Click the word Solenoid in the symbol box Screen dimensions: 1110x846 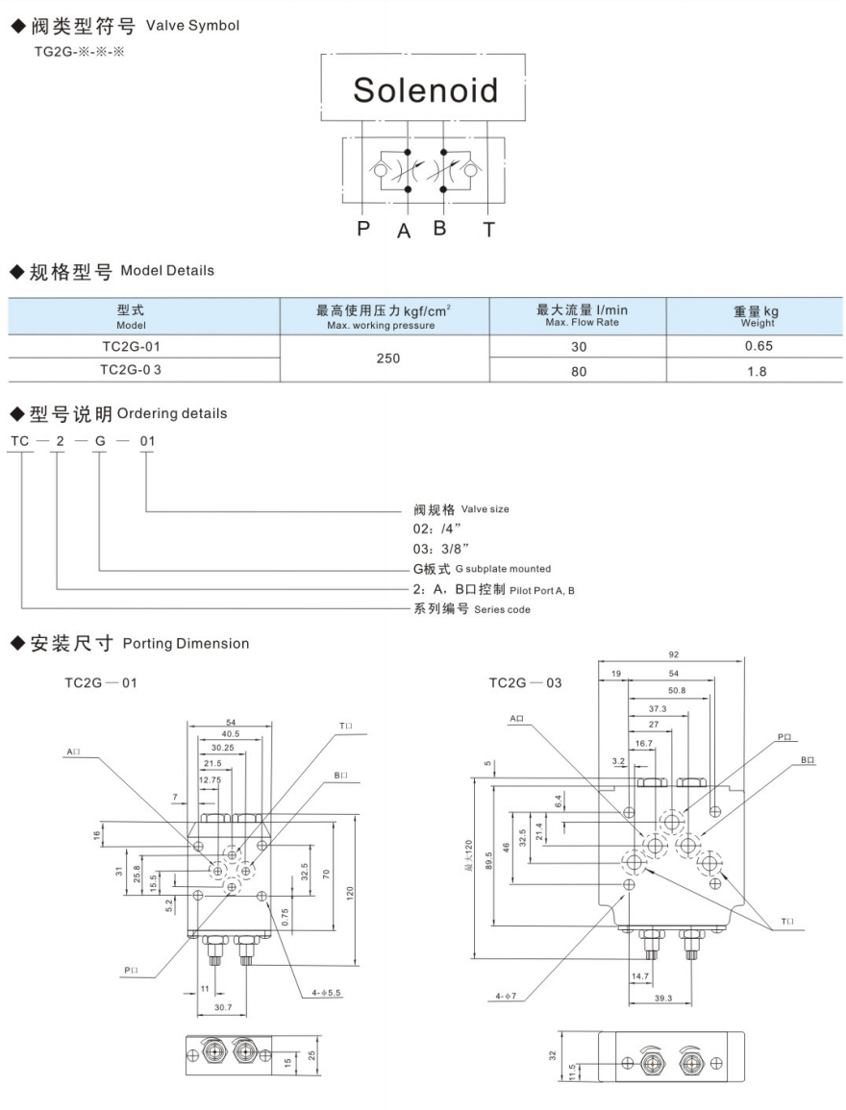(425, 89)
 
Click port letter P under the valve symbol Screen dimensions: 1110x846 (363, 230)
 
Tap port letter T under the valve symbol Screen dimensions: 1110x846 (489, 230)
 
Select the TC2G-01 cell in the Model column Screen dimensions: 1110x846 (143, 345)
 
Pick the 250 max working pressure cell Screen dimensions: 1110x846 (385, 358)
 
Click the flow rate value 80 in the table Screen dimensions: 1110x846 (578, 370)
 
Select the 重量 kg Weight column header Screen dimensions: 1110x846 (756, 315)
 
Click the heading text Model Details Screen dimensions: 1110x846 (167, 270)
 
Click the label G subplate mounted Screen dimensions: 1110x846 (503, 569)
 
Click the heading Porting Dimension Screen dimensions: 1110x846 (186, 643)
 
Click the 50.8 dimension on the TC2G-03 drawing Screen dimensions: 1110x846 (678, 690)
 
